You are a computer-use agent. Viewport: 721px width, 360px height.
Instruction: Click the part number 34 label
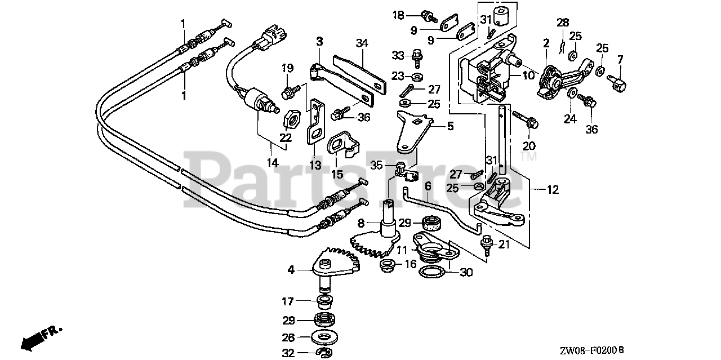(362, 42)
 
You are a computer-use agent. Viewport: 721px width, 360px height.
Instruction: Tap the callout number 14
(273, 163)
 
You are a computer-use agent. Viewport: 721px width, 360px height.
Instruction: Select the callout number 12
(553, 190)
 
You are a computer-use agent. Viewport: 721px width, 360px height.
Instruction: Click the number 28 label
(563, 23)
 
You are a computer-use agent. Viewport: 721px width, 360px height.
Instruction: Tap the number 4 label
(291, 270)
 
